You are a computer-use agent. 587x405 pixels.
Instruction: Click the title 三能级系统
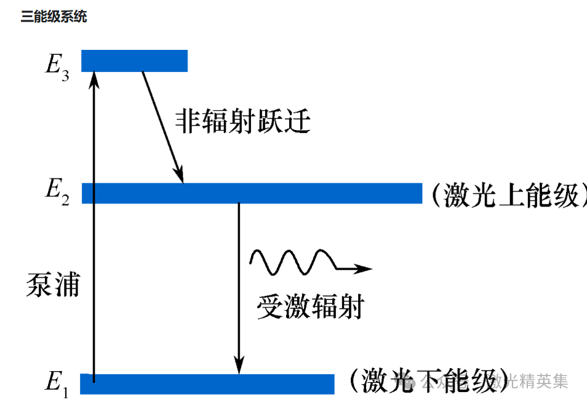[x=54, y=17]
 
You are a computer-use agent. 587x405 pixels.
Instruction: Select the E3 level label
[x=57, y=65]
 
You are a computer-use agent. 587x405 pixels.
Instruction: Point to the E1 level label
[x=57, y=382]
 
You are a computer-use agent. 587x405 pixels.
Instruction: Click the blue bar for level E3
[x=134, y=60]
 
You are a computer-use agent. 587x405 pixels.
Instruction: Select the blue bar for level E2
[x=252, y=193]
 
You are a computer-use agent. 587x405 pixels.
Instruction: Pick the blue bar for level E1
[x=207, y=383]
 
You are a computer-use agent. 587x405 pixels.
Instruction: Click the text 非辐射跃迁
[x=243, y=121]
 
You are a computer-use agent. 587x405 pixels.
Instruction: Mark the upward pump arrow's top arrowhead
[x=94, y=78]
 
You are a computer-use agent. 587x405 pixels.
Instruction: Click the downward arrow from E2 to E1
[x=239, y=283]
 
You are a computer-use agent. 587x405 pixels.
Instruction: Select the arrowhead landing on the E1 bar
[x=239, y=366]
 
